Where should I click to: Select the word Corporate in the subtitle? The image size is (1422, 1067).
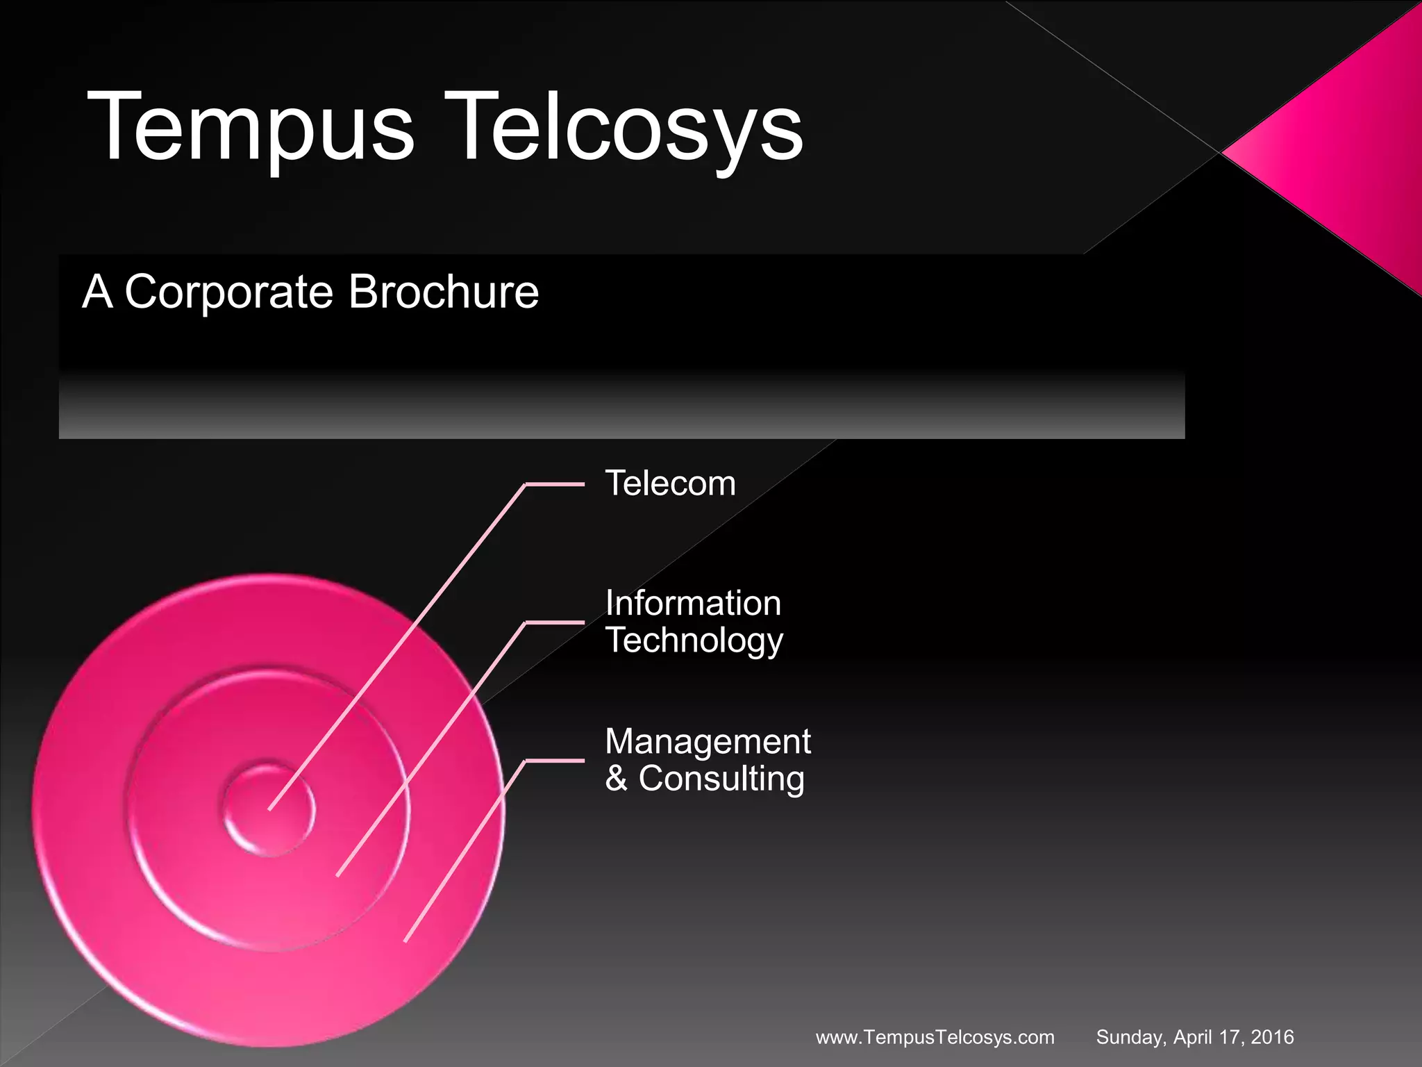point(228,292)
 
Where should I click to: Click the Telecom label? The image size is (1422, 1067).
point(670,483)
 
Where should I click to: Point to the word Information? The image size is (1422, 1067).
point(693,603)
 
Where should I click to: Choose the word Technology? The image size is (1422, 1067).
point(694,640)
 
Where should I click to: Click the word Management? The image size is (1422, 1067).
point(708,742)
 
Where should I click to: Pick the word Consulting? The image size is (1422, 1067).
point(721,779)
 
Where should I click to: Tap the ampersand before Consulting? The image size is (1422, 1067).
point(616,779)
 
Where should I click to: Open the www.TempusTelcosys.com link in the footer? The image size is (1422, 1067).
point(935,1038)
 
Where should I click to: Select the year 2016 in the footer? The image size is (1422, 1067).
point(1272,1038)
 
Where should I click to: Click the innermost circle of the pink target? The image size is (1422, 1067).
point(269,810)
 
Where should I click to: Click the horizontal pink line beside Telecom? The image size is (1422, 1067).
point(555,484)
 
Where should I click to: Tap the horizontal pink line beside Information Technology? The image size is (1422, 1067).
point(555,622)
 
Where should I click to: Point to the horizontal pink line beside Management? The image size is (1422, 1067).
point(555,761)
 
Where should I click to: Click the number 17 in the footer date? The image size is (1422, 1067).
point(1230,1038)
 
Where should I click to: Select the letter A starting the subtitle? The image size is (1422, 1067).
point(97,292)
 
